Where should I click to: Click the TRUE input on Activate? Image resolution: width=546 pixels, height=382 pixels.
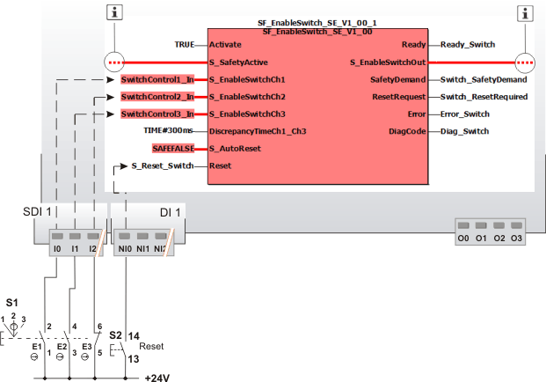pos(184,44)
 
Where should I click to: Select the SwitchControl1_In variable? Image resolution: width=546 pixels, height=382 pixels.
pos(157,79)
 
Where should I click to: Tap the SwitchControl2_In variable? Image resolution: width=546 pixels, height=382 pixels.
pos(157,97)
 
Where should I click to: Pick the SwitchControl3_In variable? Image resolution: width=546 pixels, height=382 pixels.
pos(157,114)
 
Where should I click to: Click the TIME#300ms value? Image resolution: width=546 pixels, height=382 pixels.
pos(169,131)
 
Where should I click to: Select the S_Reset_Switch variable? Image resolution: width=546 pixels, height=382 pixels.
pos(163,165)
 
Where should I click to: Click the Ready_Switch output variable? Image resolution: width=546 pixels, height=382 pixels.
pos(468,44)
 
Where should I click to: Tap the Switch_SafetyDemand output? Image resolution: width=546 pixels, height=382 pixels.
pos(484,79)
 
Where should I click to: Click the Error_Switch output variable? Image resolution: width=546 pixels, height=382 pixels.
pos(465,114)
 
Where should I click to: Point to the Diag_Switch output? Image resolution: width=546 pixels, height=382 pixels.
pos(464,132)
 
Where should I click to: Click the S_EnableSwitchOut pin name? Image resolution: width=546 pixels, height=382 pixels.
pos(388,62)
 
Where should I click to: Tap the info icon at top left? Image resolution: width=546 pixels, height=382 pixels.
pos(113,12)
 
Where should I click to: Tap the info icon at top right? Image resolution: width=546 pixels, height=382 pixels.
pos(526,12)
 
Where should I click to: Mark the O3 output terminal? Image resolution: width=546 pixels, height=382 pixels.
pos(516,239)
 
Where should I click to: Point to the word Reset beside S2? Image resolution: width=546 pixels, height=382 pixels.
pos(152,347)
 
